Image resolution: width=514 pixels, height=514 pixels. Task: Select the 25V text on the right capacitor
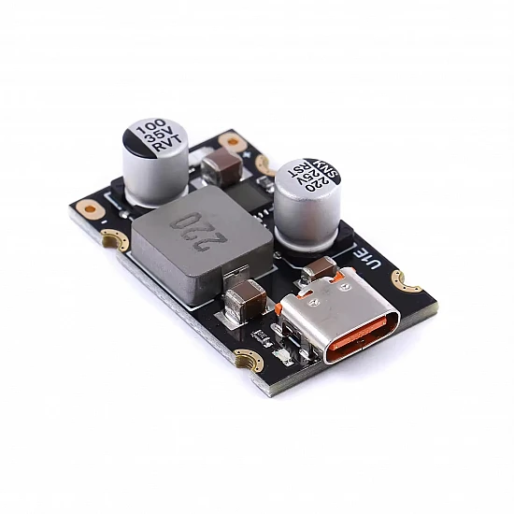pos(308,177)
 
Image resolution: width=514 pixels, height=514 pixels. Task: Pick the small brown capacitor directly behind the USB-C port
pos(320,268)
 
